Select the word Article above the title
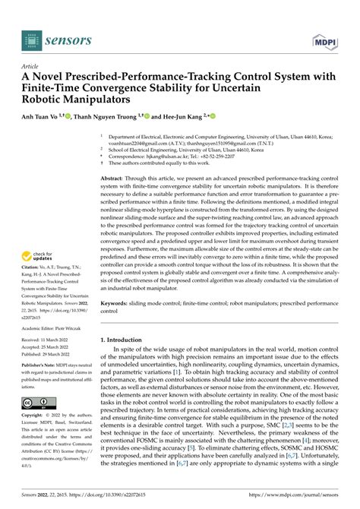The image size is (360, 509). tap(32, 66)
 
